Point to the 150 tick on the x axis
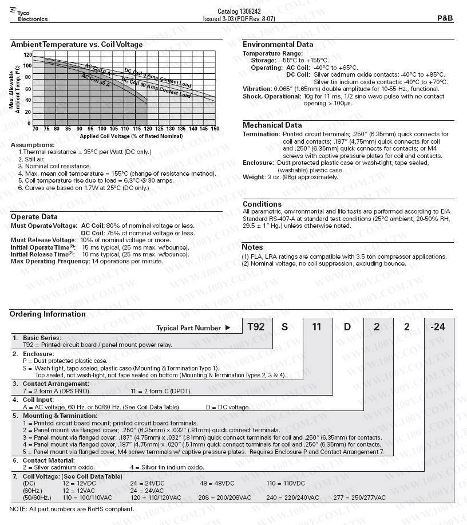(215, 129)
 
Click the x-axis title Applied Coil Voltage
(124, 136)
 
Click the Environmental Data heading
(278, 44)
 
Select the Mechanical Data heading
(272, 125)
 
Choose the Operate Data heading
(34, 216)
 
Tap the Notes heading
(252, 247)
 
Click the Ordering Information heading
(48, 314)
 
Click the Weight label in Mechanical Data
(254, 177)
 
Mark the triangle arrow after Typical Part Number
(228, 328)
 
